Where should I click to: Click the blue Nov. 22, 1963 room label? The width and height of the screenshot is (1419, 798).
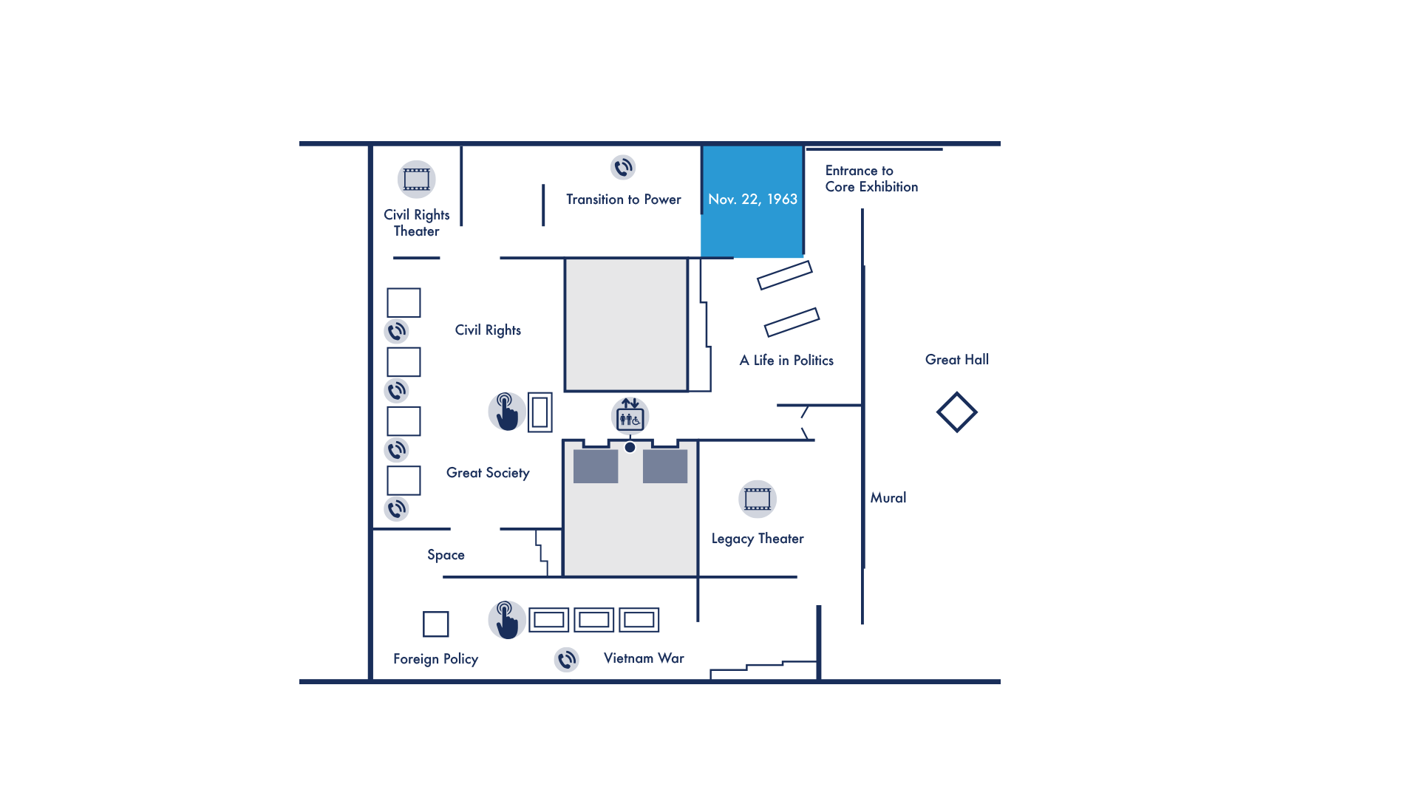pos(752,199)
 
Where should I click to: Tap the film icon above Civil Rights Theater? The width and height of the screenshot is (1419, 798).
pos(417,180)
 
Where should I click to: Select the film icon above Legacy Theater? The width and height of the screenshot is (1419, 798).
pos(758,499)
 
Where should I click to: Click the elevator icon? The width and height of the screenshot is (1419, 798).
pos(630,416)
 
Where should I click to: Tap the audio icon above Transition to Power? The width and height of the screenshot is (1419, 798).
pos(623,168)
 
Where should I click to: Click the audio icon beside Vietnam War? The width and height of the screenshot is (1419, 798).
pos(567,660)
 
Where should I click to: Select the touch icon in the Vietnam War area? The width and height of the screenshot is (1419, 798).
pos(507,620)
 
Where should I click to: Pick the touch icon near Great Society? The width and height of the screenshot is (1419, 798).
pos(507,412)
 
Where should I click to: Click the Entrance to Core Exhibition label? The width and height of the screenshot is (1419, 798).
pos(871,179)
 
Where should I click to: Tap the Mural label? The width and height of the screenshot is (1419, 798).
pos(888,498)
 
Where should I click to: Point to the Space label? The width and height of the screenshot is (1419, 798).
pos(446,555)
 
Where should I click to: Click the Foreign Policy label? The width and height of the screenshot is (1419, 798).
pos(435,659)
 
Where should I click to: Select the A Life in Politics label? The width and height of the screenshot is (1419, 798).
pos(786,361)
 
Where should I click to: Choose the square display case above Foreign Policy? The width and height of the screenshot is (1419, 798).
pos(436,624)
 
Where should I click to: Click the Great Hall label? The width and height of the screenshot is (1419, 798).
pos(957,360)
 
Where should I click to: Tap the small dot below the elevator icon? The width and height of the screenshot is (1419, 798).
pos(630,447)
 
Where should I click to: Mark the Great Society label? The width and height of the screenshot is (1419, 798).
pos(488,473)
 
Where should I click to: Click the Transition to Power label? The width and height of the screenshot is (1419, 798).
pos(624,199)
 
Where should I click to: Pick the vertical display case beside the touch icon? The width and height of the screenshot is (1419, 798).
pos(540,412)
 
